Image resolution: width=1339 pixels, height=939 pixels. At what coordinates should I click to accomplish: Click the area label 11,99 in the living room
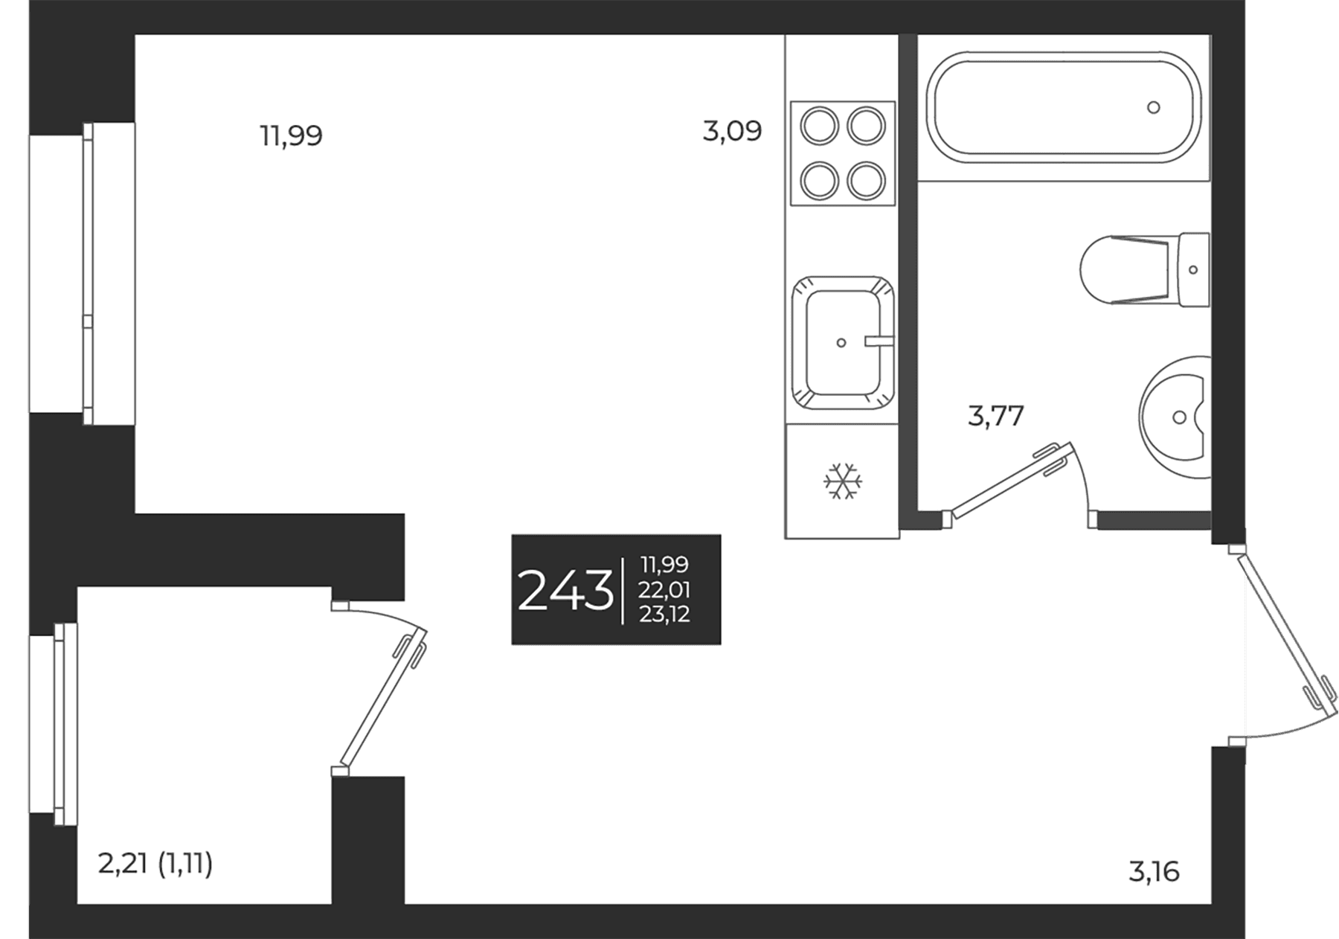291,136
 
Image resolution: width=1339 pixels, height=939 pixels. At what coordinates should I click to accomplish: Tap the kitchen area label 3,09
733,132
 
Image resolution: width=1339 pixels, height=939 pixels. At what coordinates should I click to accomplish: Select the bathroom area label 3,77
996,416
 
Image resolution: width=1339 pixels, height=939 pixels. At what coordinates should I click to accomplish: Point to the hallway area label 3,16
1154,871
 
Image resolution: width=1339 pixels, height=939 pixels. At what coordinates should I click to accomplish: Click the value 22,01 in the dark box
664,590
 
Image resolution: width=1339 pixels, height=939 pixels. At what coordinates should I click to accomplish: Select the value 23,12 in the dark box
664,614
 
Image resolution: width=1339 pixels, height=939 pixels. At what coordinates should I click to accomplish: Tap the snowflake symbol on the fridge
843,481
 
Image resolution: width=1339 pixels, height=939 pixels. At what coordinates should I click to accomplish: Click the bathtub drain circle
1154,107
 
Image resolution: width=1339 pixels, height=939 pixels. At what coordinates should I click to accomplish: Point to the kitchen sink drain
841,343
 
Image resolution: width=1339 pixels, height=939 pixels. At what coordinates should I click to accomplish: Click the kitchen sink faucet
879,342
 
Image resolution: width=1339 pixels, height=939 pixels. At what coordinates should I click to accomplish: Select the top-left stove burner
819,125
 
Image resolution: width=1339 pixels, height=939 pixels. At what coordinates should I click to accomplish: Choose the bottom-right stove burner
867,180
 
